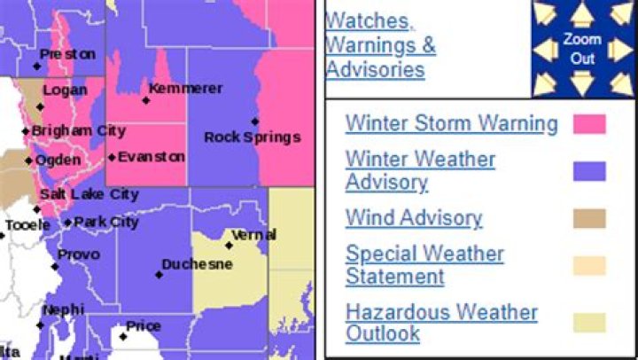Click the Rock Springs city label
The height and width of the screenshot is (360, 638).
pyautogui.click(x=253, y=137)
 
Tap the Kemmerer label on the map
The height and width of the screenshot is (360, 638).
pyautogui.click(x=186, y=89)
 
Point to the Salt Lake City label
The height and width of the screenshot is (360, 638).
pyautogui.click(x=89, y=194)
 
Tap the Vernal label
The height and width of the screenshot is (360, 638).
pyautogui.click(x=253, y=235)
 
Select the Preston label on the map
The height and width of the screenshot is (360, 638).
pyautogui.click(x=68, y=55)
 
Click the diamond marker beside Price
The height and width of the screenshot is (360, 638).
pyautogui.click(x=123, y=336)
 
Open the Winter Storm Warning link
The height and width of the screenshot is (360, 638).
pyautogui.click(x=451, y=123)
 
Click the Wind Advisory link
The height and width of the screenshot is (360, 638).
pyautogui.click(x=414, y=218)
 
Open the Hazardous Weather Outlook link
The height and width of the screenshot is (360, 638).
pyautogui.click(x=441, y=323)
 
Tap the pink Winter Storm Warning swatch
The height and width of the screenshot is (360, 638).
pyautogui.click(x=589, y=123)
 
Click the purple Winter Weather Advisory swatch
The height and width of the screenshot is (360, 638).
pyautogui.click(x=589, y=171)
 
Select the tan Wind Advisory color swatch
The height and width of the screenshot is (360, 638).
pyautogui.click(x=589, y=218)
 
